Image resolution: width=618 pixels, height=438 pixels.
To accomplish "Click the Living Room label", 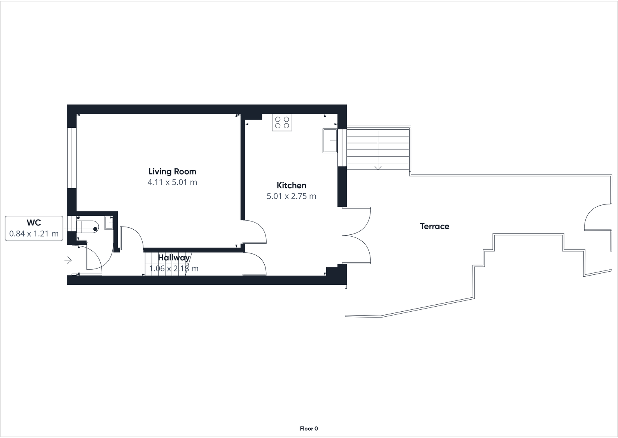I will tap(172, 171).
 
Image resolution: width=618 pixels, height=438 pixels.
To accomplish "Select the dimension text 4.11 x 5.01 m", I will tap(172, 182).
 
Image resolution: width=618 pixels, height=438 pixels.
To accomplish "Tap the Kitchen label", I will tap(291, 185).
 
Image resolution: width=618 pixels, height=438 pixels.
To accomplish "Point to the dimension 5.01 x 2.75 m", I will tap(291, 196).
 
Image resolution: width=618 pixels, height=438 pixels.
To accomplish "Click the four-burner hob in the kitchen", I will tap(282, 122).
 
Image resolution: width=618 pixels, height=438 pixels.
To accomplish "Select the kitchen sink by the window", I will tap(330, 141).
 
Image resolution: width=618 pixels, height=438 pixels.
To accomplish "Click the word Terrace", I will tap(434, 226).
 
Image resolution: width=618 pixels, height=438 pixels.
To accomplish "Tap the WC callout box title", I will tap(34, 223).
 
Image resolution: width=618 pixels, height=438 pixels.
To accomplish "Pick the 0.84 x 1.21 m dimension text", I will tap(34, 234).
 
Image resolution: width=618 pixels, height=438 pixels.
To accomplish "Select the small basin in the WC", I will tap(109, 223).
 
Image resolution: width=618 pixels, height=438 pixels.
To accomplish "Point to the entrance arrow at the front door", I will tap(68, 260).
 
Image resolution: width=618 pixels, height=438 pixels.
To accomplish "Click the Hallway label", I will tap(173, 257).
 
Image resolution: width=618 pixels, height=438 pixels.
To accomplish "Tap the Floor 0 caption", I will tap(309, 429).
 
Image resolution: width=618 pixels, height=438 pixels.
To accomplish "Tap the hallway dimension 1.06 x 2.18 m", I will tap(173, 269).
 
